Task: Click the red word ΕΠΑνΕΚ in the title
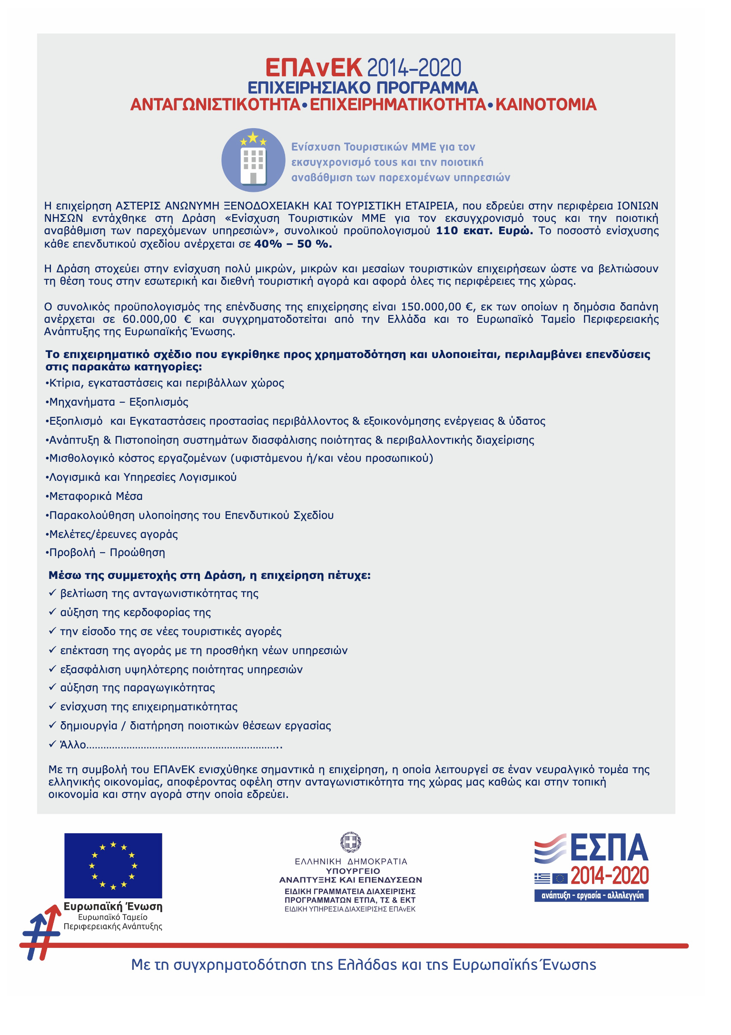tap(314, 68)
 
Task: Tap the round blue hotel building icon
tap(253, 160)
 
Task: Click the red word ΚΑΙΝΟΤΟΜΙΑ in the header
tap(546, 105)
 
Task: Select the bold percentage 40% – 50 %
tap(293, 244)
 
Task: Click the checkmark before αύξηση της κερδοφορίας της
tap(53, 612)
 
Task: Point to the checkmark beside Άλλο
tap(53, 744)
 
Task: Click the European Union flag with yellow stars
tap(113, 865)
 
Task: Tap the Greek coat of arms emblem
tap(351, 842)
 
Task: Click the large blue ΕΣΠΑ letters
tap(609, 848)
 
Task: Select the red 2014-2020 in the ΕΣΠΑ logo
tap(610, 876)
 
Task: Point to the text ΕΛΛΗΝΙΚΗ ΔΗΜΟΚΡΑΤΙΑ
tap(351, 861)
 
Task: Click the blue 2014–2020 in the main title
tap(414, 68)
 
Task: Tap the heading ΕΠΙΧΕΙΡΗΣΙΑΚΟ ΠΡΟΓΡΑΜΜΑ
tap(363, 88)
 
